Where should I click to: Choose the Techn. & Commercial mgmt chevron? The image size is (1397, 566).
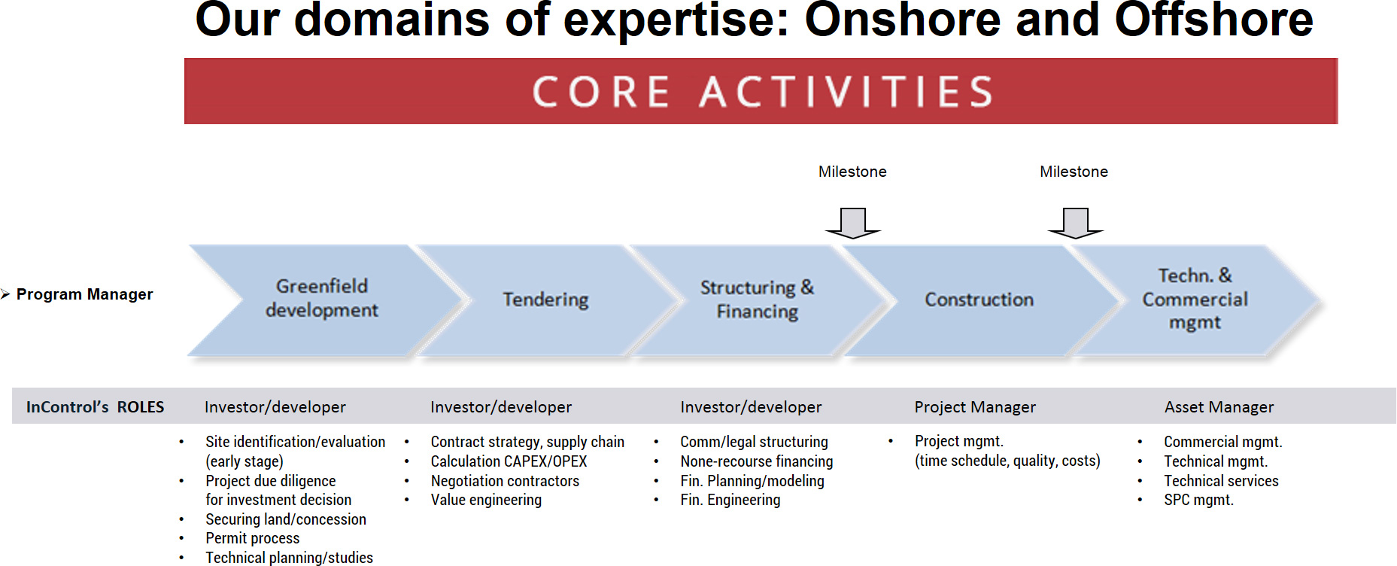pyautogui.click(x=1196, y=300)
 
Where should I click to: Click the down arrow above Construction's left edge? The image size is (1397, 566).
pyautogui.click(x=853, y=223)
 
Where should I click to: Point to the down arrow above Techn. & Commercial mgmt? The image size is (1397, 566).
pyautogui.click(x=1076, y=223)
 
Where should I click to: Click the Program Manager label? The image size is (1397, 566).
pyautogui.click(x=84, y=294)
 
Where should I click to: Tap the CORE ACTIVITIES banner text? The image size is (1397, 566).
pyautogui.click(x=762, y=92)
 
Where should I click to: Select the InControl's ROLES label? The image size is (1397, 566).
pyautogui.click(x=95, y=407)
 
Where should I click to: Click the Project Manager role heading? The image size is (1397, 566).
pyautogui.click(x=975, y=407)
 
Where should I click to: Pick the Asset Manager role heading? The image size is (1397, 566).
pyautogui.click(x=1219, y=407)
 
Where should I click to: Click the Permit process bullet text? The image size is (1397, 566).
pyautogui.click(x=253, y=538)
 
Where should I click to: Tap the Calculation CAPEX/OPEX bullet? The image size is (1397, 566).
pyautogui.click(x=509, y=461)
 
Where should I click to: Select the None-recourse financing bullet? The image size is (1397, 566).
pyautogui.click(x=757, y=461)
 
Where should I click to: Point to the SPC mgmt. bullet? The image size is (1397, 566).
pyautogui.click(x=1199, y=500)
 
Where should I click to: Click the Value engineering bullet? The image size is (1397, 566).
pyautogui.click(x=486, y=500)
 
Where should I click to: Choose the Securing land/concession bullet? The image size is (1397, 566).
pyautogui.click(x=286, y=519)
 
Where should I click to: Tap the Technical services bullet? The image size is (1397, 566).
pyautogui.click(x=1221, y=481)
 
